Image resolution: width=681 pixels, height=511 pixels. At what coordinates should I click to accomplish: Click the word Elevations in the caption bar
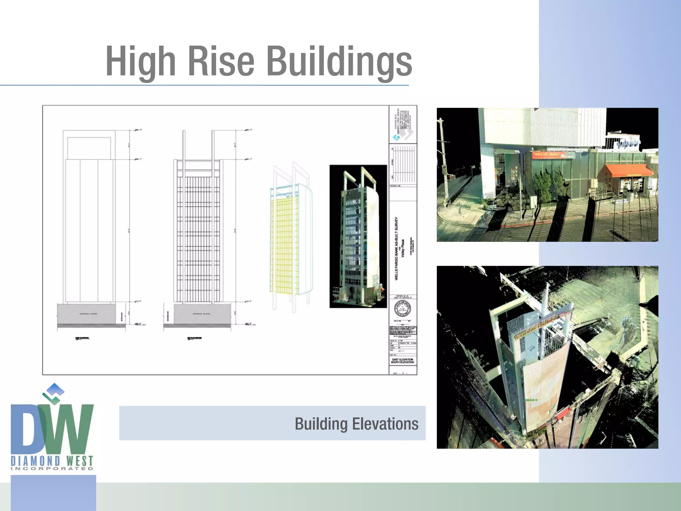pyautogui.click(x=385, y=424)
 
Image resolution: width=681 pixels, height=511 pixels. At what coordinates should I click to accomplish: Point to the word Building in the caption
pyautogui.click(x=321, y=424)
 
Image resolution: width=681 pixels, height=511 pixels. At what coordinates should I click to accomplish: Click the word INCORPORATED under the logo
pyautogui.click(x=52, y=468)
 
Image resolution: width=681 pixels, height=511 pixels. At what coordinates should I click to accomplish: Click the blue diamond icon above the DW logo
pyautogui.click(x=55, y=388)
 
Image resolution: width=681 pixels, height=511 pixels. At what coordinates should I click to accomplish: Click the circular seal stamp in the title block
pyautogui.click(x=402, y=309)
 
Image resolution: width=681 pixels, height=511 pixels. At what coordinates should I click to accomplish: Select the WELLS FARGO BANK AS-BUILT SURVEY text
pyautogui.click(x=396, y=249)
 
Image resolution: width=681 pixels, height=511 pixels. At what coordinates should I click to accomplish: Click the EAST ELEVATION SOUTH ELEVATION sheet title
pyautogui.click(x=403, y=361)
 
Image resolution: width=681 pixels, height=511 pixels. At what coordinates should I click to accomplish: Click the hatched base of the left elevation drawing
pyautogui.click(x=87, y=313)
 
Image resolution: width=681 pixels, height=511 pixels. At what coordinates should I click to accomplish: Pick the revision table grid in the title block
pyautogui.click(x=403, y=164)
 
